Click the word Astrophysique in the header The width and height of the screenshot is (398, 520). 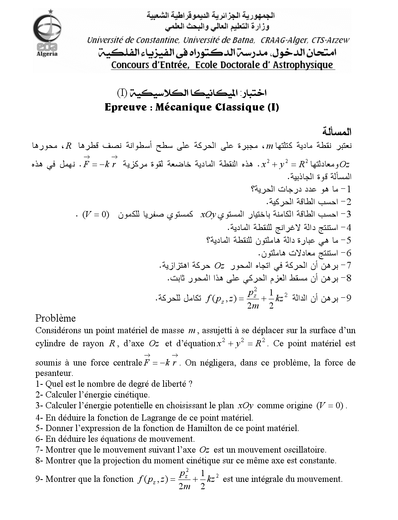(x=303, y=65)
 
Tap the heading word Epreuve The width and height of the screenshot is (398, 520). (x=125, y=107)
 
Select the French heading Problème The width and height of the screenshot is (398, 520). (x=55, y=318)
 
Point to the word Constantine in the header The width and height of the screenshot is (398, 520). (x=156, y=40)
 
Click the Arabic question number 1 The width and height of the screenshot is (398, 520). (x=348, y=189)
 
